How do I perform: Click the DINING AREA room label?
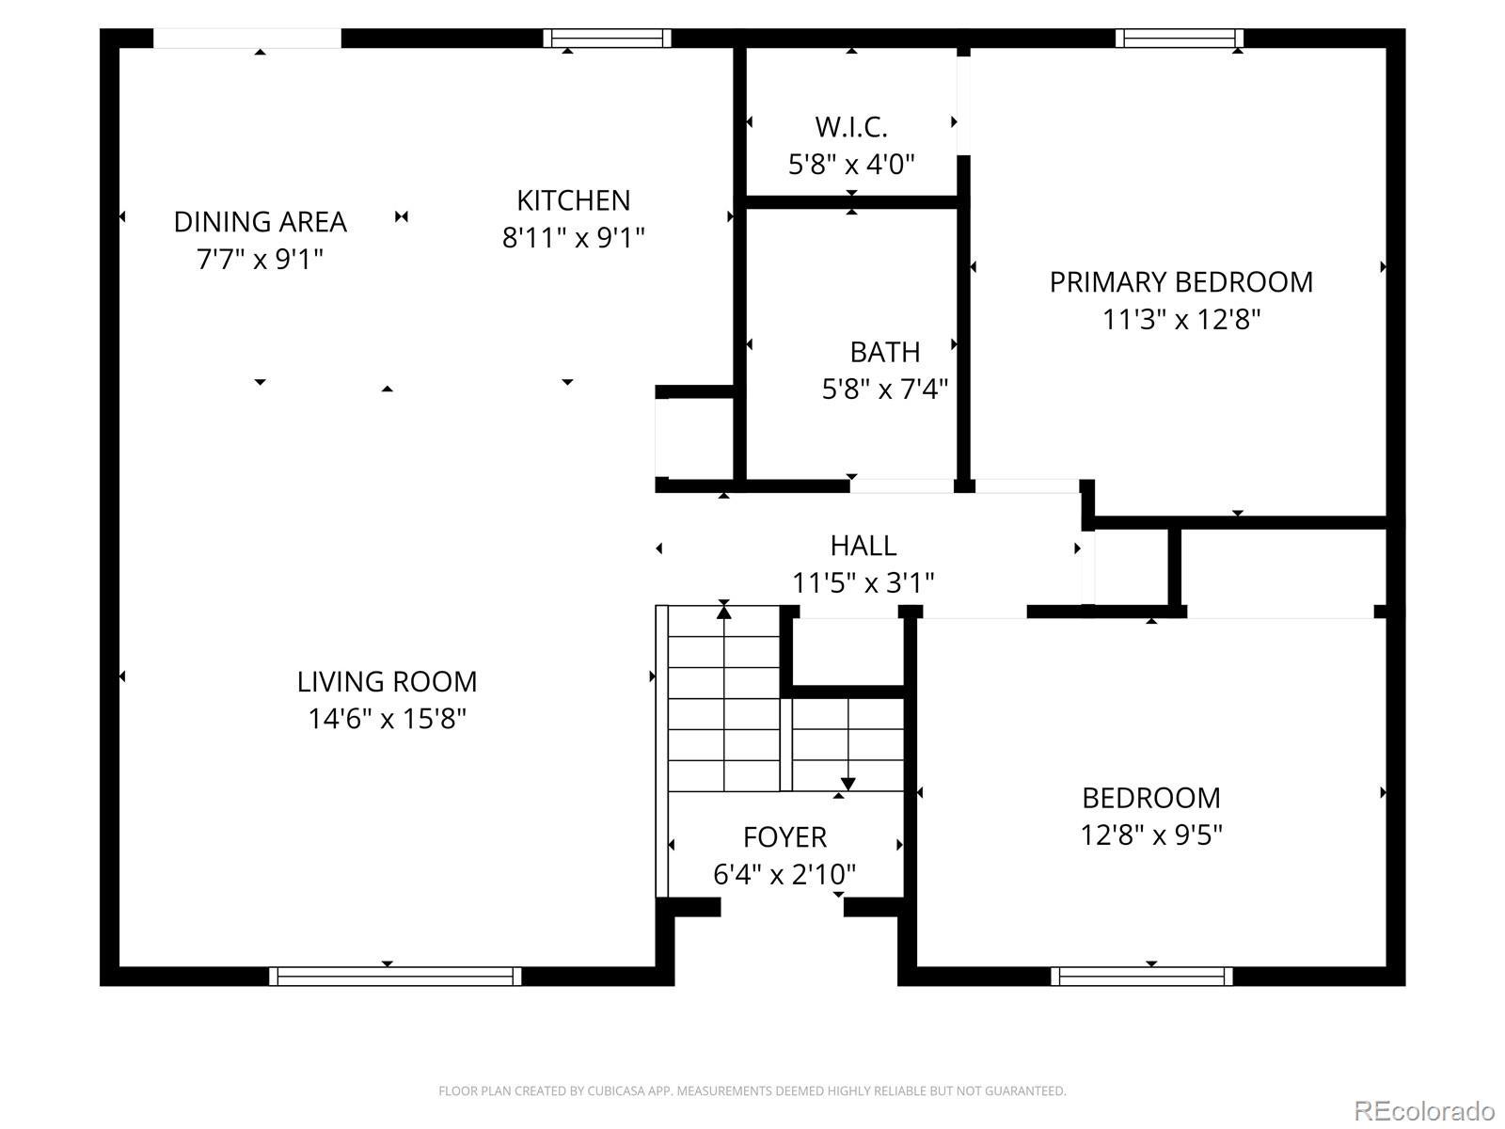261,222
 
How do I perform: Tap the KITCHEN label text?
573,200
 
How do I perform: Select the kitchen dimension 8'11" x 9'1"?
573,238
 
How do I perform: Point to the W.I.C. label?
851,128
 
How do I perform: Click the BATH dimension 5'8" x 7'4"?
884,390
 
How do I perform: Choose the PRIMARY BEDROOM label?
1180,282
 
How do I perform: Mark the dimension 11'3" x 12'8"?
1180,320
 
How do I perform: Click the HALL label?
863,547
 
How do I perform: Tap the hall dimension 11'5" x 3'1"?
863,583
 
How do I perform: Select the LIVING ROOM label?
387,682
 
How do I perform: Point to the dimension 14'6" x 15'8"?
387,719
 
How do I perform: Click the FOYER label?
784,837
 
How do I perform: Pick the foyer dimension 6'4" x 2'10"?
784,874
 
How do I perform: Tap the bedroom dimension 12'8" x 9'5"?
1151,835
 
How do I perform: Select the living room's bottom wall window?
395,977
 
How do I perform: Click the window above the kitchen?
607,39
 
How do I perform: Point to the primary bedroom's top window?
1180,39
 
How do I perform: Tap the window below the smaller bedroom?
1142,977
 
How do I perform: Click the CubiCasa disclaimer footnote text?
752,1090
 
